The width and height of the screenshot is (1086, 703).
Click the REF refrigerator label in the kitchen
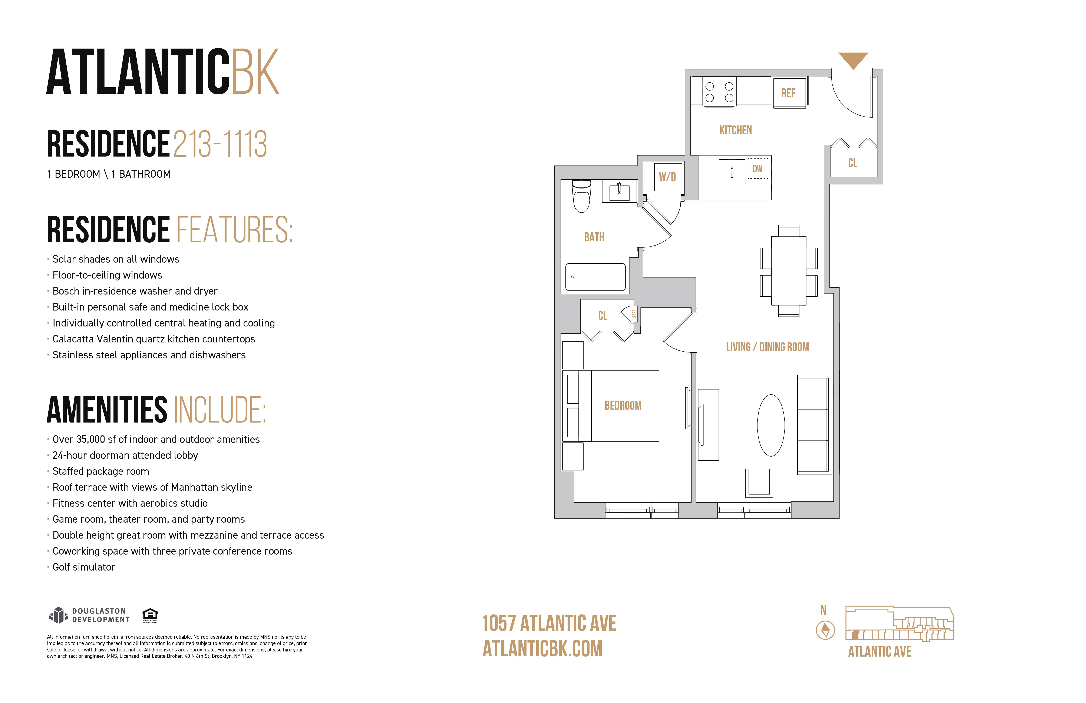click(x=788, y=93)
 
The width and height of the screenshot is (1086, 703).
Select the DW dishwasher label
click(x=757, y=169)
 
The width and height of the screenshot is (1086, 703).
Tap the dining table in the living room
click(x=789, y=271)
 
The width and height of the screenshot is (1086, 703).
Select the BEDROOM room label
click(x=623, y=405)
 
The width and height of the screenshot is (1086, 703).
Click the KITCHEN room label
click(x=736, y=130)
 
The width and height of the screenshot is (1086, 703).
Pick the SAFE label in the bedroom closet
click(x=634, y=314)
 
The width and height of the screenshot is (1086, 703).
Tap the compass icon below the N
click(x=825, y=630)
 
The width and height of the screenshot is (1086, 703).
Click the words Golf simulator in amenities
click(x=84, y=567)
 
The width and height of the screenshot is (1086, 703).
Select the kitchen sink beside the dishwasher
click(x=732, y=168)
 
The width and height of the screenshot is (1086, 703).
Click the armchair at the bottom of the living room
click(x=759, y=483)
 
